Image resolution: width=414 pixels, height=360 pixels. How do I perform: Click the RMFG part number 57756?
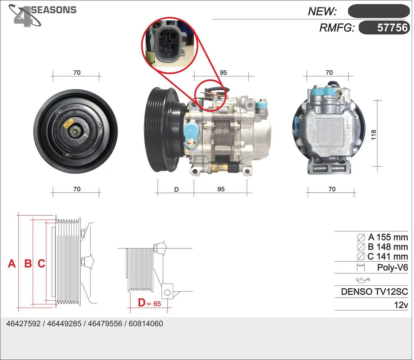(x=392, y=28)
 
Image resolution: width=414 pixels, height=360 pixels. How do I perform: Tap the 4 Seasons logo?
(x=42, y=15)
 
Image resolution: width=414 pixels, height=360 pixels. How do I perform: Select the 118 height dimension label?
(x=373, y=135)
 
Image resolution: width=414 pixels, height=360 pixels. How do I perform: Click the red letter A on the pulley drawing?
(x=12, y=263)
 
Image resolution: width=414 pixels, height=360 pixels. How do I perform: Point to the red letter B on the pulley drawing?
(x=28, y=263)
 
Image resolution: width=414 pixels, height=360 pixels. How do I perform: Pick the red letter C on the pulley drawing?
(x=42, y=263)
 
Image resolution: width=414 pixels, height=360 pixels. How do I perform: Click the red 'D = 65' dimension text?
(x=149, y=303)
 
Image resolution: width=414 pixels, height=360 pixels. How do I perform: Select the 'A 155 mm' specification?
(x=382, y=237)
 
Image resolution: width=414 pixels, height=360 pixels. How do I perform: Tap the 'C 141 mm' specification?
(x=382, y=256)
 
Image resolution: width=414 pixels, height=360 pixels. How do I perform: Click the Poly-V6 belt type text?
(x=392, y=267)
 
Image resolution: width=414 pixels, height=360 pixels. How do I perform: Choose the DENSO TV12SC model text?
(x=374, y=292)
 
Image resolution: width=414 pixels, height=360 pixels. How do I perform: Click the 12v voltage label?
(x=401, y=305)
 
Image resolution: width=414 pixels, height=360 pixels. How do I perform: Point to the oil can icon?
(x=363, y=280)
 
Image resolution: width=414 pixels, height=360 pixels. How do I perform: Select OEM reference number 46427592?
(x=23, y=324)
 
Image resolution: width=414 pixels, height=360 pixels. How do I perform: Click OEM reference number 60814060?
(x=146, y=324)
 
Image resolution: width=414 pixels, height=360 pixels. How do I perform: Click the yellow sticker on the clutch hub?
(x=68, y=124)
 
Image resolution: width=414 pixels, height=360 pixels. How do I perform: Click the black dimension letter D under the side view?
(x=176, y=190)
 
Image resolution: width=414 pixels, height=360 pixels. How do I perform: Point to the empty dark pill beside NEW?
(x=379, y=11)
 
